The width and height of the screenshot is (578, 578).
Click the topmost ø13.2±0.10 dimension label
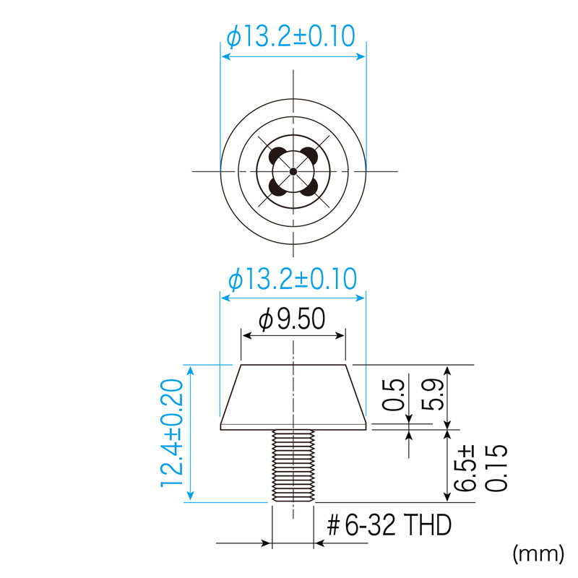291,37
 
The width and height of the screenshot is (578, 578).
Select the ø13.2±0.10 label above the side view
293,279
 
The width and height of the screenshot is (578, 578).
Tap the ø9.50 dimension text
292,319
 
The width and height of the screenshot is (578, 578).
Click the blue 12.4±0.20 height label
172,433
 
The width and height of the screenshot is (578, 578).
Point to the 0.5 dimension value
393,394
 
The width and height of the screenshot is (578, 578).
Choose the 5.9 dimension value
432,394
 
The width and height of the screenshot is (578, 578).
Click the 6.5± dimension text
465,468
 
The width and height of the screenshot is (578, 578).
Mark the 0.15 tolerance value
496,468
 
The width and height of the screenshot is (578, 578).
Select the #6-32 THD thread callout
389,525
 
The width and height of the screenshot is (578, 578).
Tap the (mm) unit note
538,553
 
